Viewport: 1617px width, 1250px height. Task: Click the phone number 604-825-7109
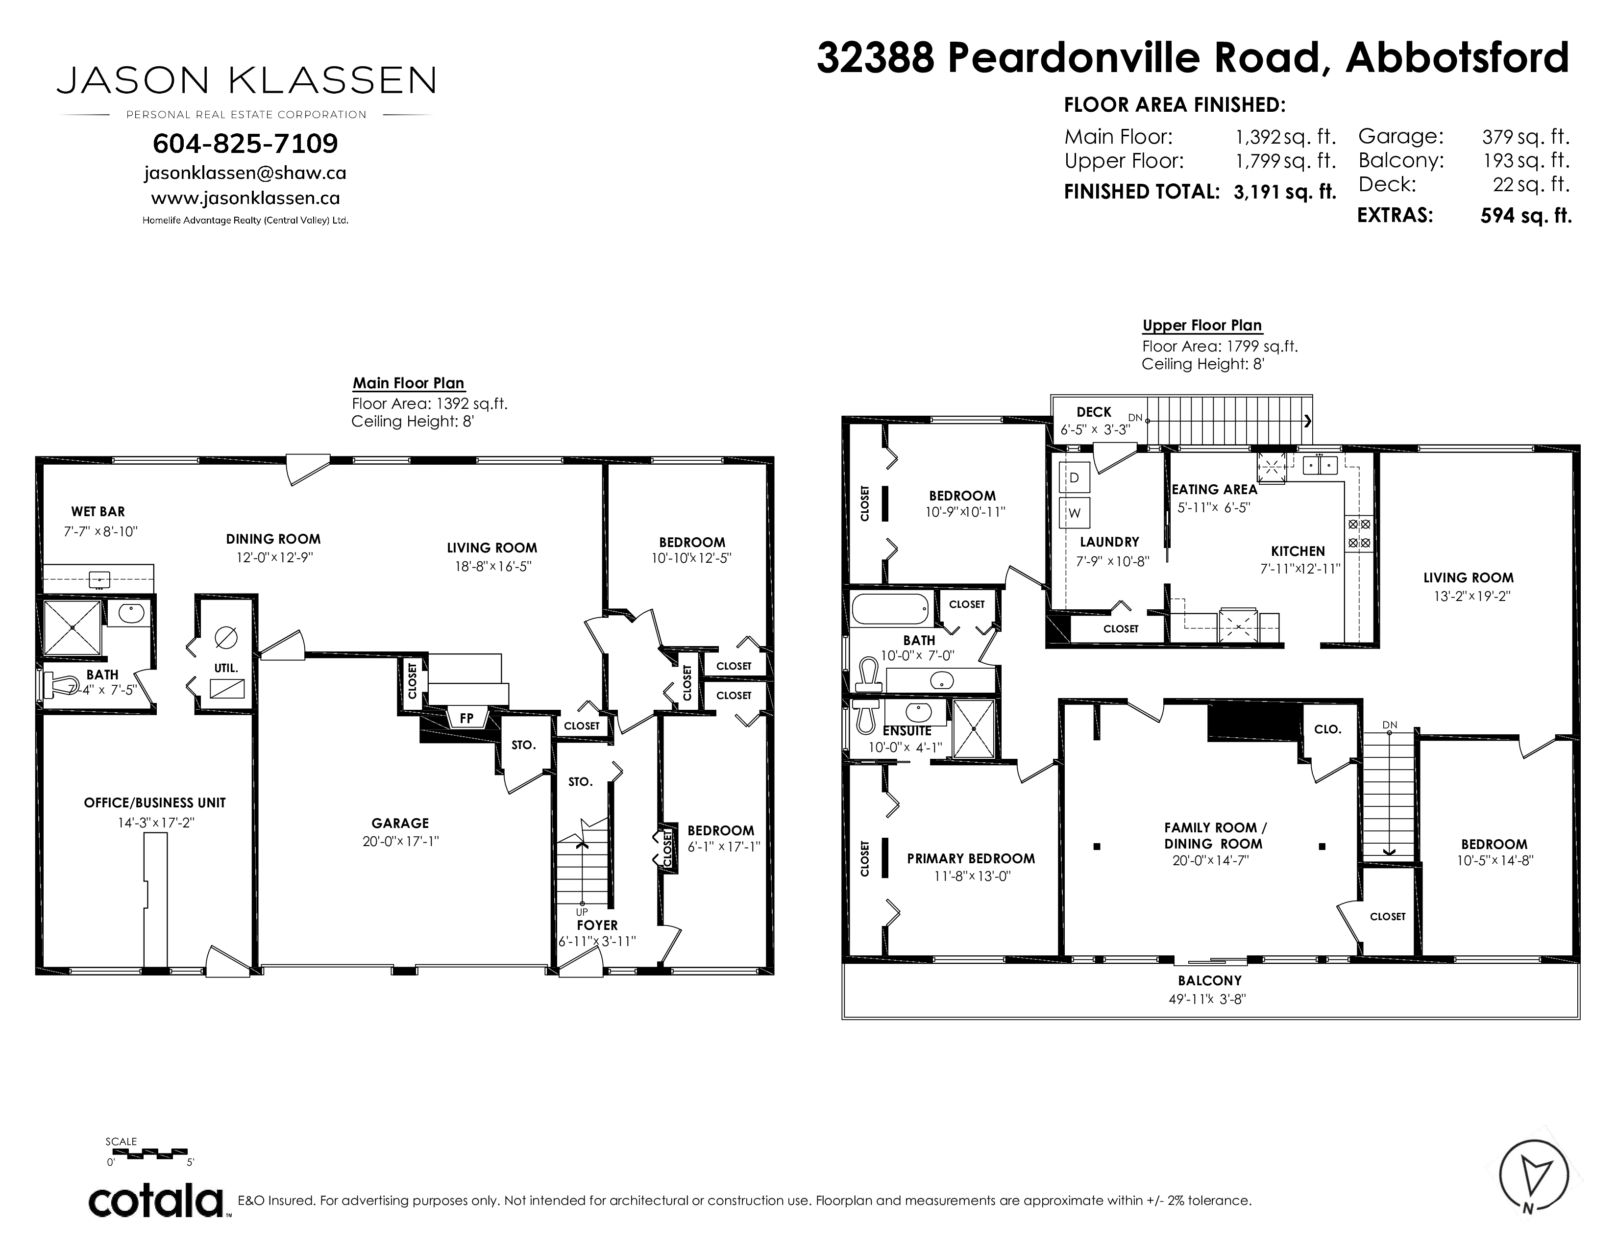tap(245, 143)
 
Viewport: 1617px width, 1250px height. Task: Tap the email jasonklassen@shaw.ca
tap(245, 173)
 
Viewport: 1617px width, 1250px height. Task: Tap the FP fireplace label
tap(466, 718)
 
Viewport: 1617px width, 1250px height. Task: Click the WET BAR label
tap(98, 512)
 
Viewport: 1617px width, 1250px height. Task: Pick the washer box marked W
tap(1074, 512)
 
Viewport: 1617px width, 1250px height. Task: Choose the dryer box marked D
tap(1074, 477)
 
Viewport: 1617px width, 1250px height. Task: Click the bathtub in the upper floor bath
tap(890, 609)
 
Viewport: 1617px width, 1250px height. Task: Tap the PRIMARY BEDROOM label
tap(971, 859)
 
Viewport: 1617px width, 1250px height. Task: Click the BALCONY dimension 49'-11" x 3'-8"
tap(1209, 999)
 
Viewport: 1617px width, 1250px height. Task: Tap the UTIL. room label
tap(226, 668)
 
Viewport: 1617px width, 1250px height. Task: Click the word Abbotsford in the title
tap(1457, 58)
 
